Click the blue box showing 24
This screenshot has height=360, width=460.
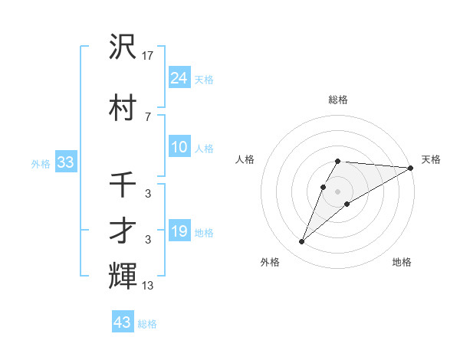point(179,78)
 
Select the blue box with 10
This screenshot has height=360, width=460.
point(179,147)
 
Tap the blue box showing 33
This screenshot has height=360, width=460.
point(65,162)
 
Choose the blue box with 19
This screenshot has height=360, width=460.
point(179,231)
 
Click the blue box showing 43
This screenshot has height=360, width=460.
point(123,322)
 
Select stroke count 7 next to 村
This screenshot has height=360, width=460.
point(147,116)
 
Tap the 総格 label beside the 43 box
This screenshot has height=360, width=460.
point(147,324)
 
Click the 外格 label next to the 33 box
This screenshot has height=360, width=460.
point(41,163)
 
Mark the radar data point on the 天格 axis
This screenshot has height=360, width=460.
point(410,169)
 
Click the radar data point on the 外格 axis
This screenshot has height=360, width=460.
point(301,242)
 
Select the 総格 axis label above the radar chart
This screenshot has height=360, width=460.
point(338,100)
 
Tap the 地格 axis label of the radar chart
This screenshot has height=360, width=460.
point(402,262)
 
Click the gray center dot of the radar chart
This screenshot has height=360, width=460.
point(338,191)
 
